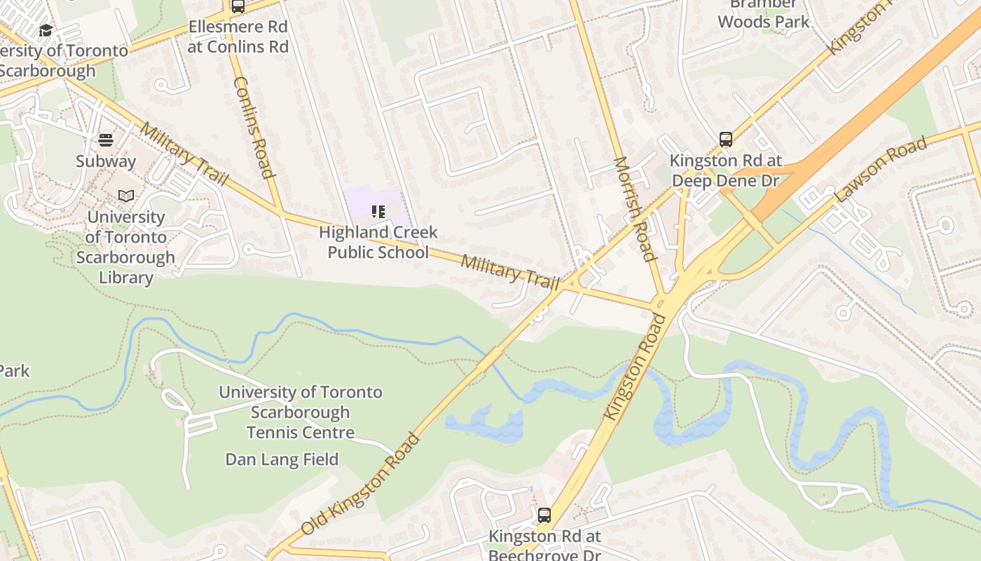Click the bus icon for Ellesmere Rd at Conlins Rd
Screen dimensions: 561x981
(238, 6)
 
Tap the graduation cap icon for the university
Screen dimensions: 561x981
(46, 30)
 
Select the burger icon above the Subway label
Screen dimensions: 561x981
(106, 140)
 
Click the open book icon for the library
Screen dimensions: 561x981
(126, 196)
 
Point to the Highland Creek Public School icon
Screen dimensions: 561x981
(378, 211)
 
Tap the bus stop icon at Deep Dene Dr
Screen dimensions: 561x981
(726, 140)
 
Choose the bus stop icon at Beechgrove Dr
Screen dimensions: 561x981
(544, 515)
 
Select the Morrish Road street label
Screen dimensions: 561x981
(635, 208)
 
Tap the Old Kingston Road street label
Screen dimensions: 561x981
(361, 484)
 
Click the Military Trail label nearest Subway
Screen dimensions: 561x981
(184, 154)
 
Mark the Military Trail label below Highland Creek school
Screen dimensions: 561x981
(511, 272)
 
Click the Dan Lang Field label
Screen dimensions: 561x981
(282, 459)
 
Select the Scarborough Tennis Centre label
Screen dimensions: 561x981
(301, 412)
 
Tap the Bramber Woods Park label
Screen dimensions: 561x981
(764, 13)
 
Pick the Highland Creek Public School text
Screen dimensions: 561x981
(378, 242)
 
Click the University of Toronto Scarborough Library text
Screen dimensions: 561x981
(126, 248)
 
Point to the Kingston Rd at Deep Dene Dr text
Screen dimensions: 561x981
(726, 170)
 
